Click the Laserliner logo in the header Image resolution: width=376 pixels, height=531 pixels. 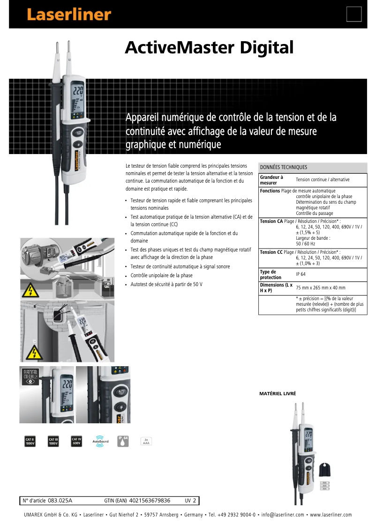pos(69,15)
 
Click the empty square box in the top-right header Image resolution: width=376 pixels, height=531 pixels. pos(353,15)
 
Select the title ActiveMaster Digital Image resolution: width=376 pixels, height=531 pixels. pos(209,48)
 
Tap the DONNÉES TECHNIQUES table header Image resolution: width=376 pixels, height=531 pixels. pos(284,167)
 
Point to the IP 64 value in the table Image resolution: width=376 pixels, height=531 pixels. pos(301,274)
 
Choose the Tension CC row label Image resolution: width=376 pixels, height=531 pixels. pos(271,252)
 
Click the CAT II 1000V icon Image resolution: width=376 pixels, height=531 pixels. pos(30,441)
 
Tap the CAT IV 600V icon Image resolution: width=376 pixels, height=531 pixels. pos(76,441)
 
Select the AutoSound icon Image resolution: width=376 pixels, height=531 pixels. pos(100,441)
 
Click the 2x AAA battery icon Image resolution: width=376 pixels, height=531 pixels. pos(146,441)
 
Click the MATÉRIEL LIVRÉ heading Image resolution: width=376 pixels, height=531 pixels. pos(278,394)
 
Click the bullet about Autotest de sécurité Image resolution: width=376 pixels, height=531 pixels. pos(166,284)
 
